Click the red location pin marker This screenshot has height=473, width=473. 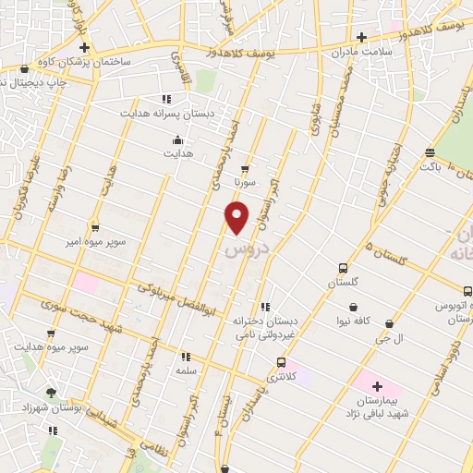click(236, 217)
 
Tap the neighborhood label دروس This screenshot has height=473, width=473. click(245, 250)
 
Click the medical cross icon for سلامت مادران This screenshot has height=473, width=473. click(361, 38)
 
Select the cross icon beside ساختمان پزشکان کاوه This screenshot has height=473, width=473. click(84, 47)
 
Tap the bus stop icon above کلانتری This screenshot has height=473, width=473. click(281, 362)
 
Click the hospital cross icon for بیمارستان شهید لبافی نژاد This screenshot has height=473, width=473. click(377, 386)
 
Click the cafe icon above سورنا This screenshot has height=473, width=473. click(244, 169)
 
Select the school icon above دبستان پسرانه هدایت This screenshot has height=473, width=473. click(166, 99)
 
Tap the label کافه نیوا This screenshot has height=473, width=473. click(353, 321)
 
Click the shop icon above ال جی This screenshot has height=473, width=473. click(389, 324)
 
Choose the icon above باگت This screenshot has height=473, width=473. click(429, 152)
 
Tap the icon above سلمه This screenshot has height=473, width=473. click(186, 356)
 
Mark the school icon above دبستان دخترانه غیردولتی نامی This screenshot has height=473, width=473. click(265, 307)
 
